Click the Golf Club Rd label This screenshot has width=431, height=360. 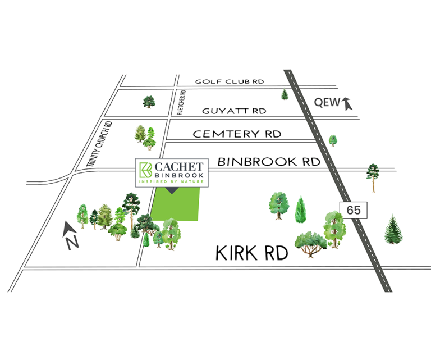coord(230,81)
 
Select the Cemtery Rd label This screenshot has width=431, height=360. coord(237,134)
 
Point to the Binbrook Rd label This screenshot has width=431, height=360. coord(268,162)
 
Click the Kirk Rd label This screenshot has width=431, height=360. coord(252,253)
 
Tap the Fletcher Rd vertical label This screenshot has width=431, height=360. coord(181,102)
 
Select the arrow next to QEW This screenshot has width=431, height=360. coord(346,103)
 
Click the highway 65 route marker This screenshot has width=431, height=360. coord(354,210)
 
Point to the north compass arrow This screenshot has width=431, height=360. coord(69,229)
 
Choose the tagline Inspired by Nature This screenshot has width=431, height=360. coord(172,181)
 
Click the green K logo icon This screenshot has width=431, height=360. coord(146,169)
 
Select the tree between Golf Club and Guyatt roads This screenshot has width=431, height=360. coord(149,102)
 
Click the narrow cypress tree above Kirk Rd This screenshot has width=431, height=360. coord(301,209)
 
